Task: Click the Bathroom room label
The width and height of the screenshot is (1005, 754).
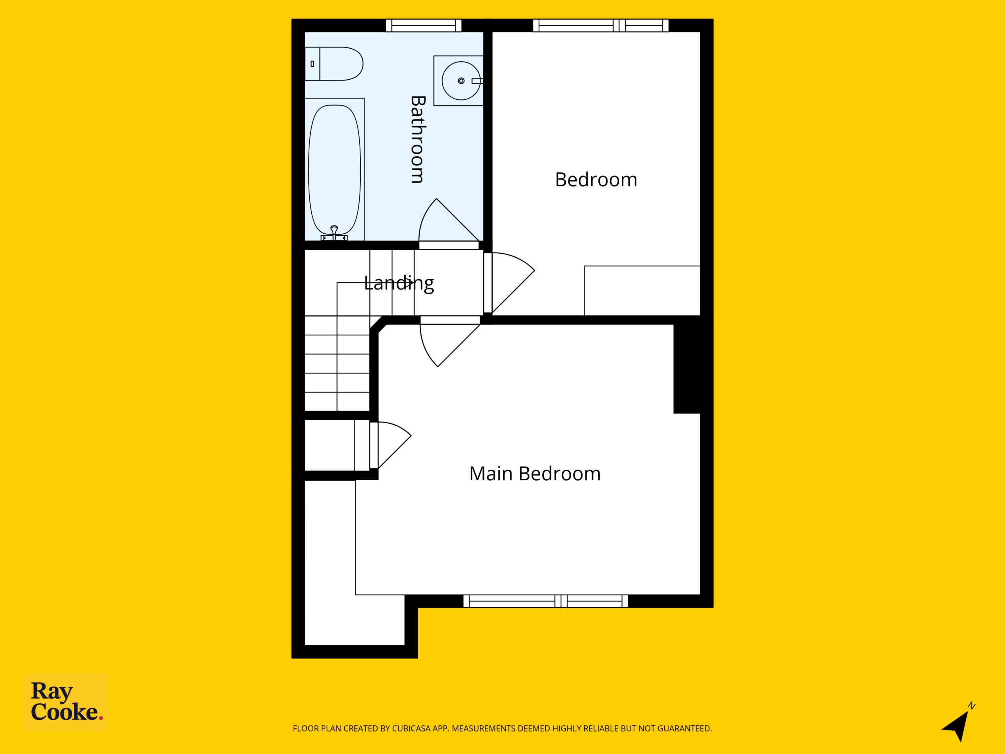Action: click(417, 139)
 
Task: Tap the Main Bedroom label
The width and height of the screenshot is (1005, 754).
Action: click(535, 474)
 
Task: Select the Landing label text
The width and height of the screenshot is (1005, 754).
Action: click(399, 283)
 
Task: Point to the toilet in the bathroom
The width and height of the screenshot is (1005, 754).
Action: click(334, 64)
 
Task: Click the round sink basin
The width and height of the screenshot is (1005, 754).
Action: click(461, 81)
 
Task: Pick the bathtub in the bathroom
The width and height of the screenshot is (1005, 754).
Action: click(334, 170)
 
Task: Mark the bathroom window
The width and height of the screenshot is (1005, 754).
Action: click(424, 26)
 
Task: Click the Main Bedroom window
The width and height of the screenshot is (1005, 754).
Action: click(545, 601)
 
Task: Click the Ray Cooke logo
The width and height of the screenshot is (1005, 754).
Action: click(66, 702)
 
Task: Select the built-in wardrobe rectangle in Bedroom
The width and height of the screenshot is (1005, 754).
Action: click(642, 291)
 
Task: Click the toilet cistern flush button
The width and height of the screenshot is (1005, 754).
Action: click(312, 64)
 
